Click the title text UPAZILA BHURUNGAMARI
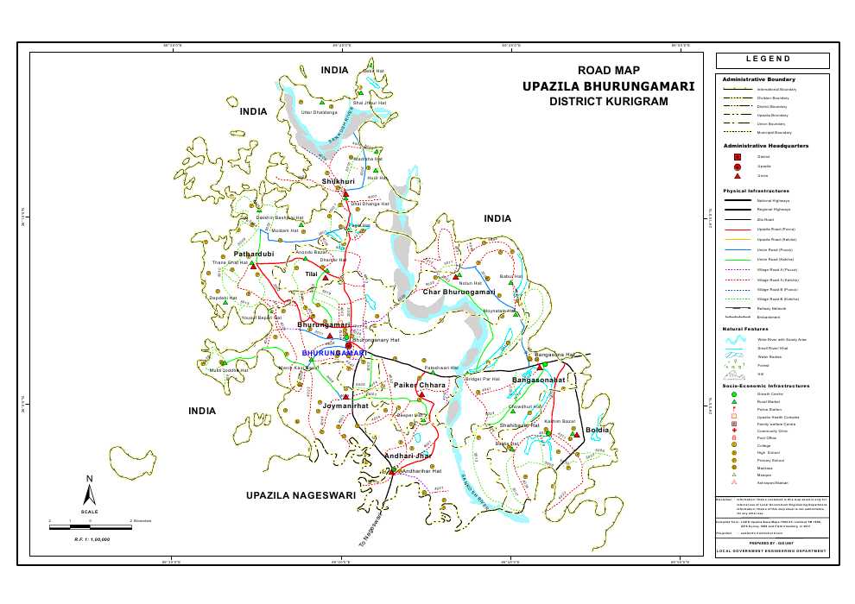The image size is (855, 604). point(609,86)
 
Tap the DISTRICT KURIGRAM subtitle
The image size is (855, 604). point(609,102)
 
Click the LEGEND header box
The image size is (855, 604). point(772,60)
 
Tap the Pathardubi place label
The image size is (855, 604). point(254,255)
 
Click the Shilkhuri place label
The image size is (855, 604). point(338,182)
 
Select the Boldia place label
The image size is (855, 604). point(598,430)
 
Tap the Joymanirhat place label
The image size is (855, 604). point(345,405)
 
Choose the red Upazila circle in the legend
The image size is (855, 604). point(737,166)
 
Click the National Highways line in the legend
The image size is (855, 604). point(737,200)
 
